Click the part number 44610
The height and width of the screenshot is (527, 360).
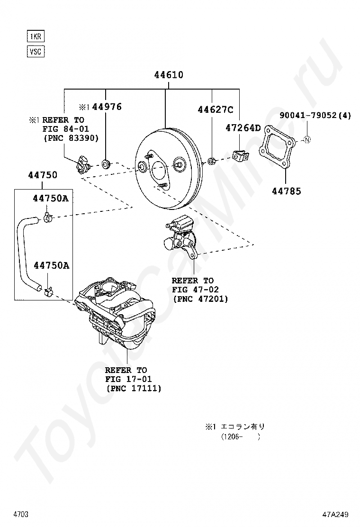click(x=168, y=75)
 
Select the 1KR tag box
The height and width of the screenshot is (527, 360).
click(x=36, y=36)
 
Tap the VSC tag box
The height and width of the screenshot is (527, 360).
click(x=36, y=51)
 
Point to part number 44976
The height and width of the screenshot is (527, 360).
click(x=107, y=107)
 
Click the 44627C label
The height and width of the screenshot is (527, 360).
click(x=216, y=110)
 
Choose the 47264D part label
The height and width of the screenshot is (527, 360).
click(x=243, y=127)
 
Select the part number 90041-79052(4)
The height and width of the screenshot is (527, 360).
click(x=315, y=115)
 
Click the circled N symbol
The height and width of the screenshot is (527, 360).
click(x=306, y=139)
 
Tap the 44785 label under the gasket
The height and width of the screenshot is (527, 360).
click(x=286, y=191)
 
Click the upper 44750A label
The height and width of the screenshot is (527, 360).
click(x=51, y=199)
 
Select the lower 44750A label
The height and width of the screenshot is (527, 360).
click(x=51, y=265)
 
